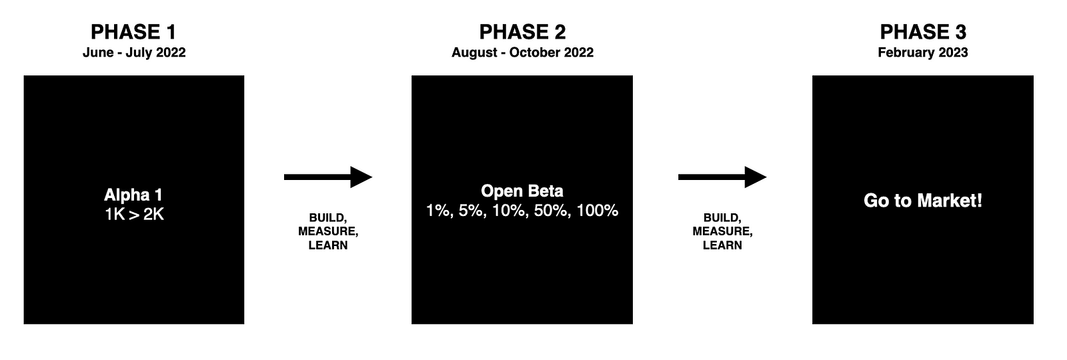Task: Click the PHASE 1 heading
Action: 133,32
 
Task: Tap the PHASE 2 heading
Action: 523,32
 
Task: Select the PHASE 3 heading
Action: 923,32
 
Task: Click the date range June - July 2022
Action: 134,53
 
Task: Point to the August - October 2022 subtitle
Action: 523,53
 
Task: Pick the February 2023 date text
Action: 923,53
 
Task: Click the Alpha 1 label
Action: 133,195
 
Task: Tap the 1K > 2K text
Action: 134,215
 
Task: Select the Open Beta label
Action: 522,191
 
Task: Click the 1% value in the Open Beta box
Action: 438,211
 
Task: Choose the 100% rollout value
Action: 598,211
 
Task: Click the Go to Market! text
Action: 923,201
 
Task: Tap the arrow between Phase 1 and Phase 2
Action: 328,177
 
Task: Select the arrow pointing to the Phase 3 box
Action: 723,177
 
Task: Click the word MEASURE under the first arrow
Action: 328,231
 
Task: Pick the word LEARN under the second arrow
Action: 723,245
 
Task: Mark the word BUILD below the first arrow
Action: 327,217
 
